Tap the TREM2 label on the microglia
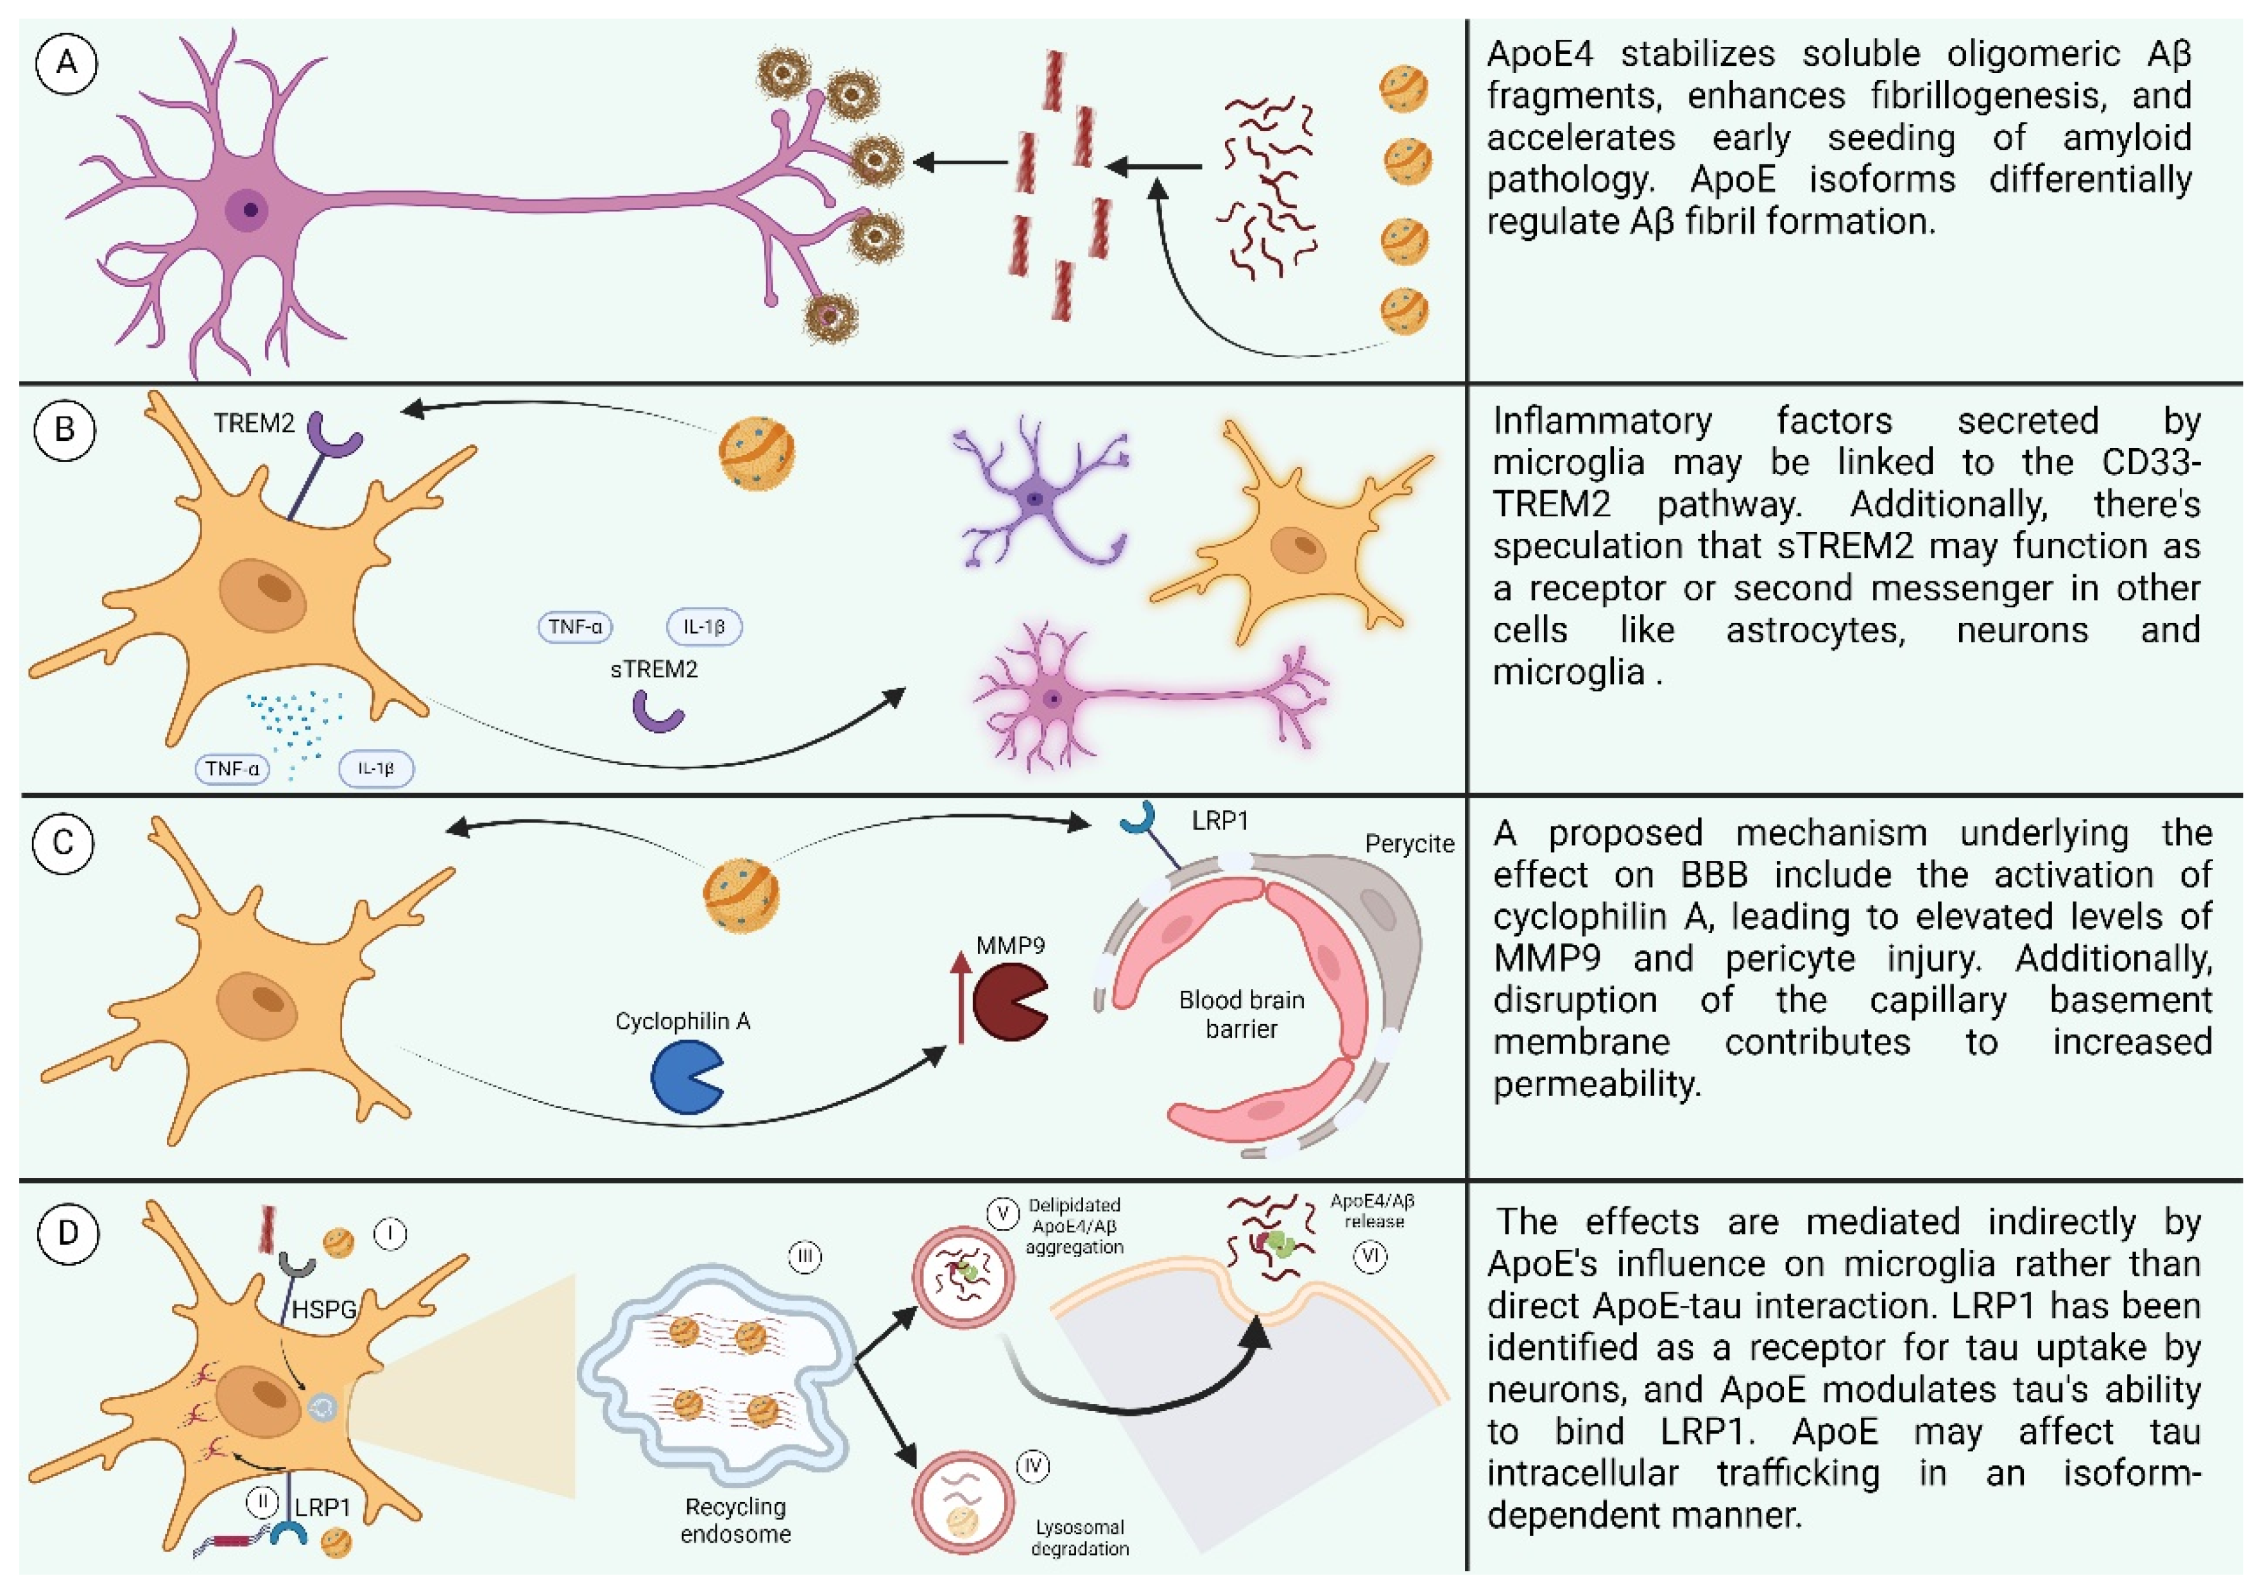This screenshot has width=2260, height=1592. pyautogui.click(x=254, y=424)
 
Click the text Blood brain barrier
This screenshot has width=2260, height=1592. pyautogui.click(x=1241, y=1014)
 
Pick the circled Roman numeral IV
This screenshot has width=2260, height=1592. pyautogui.click(x=1032, y=1466)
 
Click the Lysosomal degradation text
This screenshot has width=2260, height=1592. pyautogui.click(x=1080, y=1538)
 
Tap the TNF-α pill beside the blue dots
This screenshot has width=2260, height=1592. pyautogui.click(x=232, y=769)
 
